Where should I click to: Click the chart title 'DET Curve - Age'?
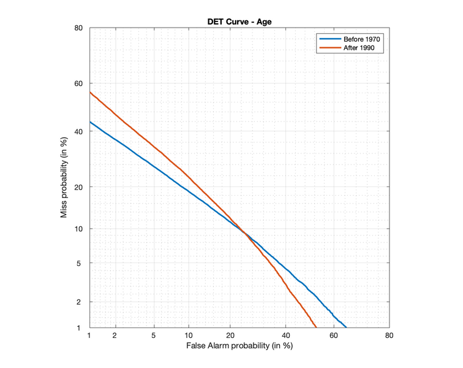239,22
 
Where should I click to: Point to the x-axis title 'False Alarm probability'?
239,347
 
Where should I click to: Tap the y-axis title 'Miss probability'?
64,178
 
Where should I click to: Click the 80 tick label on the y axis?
79,28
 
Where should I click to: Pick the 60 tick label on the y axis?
79,83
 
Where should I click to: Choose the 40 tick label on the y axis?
79,131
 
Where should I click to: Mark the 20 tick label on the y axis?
79,186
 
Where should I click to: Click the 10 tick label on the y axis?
79,229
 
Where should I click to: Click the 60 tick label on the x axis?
334,335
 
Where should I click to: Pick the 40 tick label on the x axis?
285,335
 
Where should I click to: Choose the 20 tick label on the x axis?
230,335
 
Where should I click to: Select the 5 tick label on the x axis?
154,335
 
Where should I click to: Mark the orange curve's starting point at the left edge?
90,92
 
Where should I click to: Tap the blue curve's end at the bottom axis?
346,327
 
